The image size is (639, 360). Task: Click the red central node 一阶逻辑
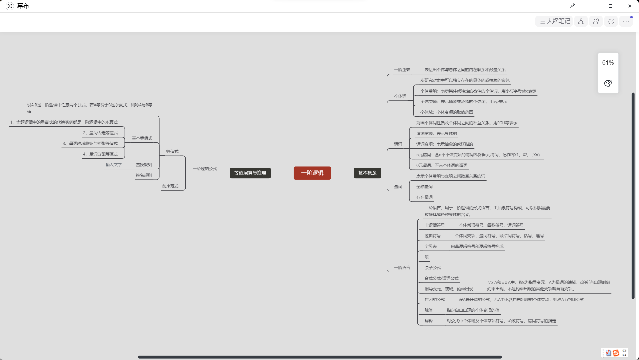click(312, 173)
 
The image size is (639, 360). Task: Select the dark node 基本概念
click(367, 173)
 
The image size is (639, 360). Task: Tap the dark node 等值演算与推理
click(250, 173)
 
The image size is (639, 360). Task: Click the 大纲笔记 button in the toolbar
click(554, 21)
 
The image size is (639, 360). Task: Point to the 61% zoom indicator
click(608, 63)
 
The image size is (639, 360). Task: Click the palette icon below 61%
click(608, 83)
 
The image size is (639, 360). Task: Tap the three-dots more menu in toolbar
click(626, 21)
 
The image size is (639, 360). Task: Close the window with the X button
click(629, 6)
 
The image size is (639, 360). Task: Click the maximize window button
click(610, 6)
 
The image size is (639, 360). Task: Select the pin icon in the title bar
click(572, 6)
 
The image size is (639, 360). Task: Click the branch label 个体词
click(400, 96)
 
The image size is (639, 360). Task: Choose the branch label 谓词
click(398, 144)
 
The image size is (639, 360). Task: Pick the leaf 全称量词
click(424, 187)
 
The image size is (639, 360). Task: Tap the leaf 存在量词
click(424, 197)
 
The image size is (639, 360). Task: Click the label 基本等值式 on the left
click(142, 138)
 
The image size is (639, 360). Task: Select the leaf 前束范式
click(170, 186)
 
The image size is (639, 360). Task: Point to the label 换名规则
click(144, 175)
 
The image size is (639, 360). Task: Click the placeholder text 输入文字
click(114, 165)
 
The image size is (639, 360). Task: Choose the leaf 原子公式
click(432, 268)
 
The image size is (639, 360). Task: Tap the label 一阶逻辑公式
click(205, 169)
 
